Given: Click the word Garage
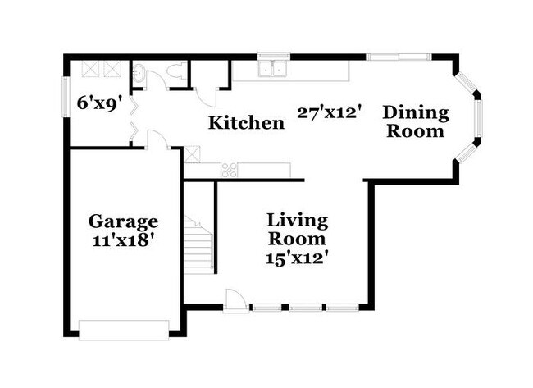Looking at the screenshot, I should pyautogui.click(x=123, y=221).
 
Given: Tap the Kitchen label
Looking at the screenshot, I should pyautogui.click(x=246, y=124).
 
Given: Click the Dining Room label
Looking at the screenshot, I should pyautogui.click(x=416, y=121).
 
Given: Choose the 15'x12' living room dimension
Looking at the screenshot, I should pyautogui.click(x=298, y=257).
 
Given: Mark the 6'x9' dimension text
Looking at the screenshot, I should pyautogui.click(x=99, y=104).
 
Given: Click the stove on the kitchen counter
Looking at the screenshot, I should pyautogui.click(x=229, y=171).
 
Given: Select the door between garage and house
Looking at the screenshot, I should pyautogui.click(x=158, y=140).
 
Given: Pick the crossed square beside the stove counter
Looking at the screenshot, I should pyautogui.click(x=192, y=153).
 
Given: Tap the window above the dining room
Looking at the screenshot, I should pyautogui.click(x=399, y=57).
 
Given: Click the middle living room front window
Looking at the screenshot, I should pyautogui.click(x=307, y=309).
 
